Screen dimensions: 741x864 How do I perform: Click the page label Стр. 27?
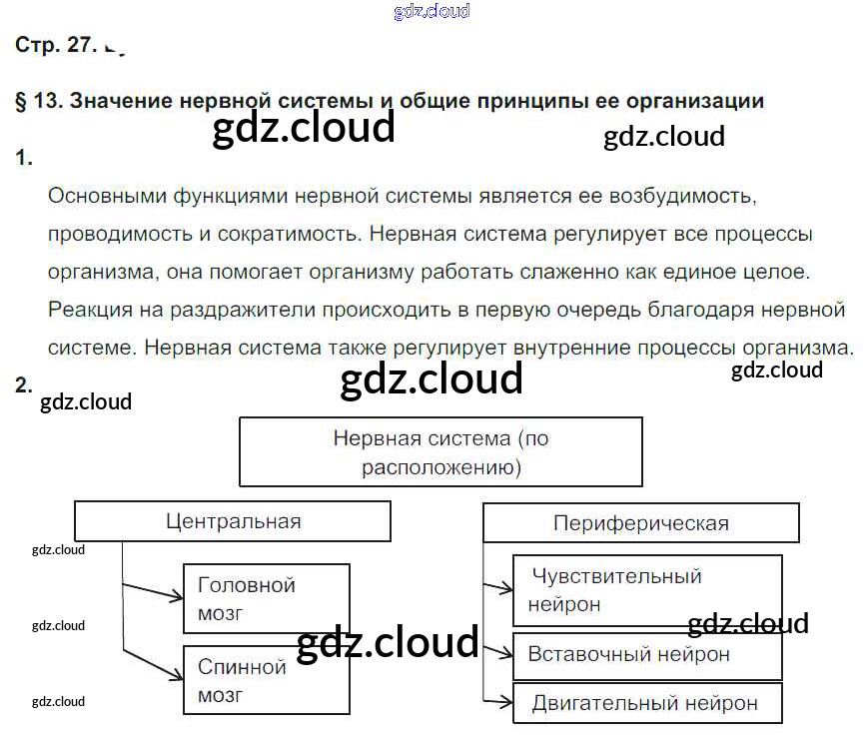tap(56, 44)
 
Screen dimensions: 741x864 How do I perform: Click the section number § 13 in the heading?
tap(38, 101)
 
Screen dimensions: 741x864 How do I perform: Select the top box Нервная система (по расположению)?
tap(440, 451)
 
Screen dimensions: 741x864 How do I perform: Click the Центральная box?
tap(233, 521)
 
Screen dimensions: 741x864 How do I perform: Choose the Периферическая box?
tap(640, 523)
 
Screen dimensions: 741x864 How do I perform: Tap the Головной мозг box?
tap(267, 598)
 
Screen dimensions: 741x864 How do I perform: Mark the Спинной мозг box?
tap(267, 679)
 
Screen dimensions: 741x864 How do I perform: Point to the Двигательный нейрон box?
tap(646, 703)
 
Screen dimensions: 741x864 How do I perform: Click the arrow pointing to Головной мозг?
tap(155, 592)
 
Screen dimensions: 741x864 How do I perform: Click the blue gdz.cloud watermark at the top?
tap(432, 12)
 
